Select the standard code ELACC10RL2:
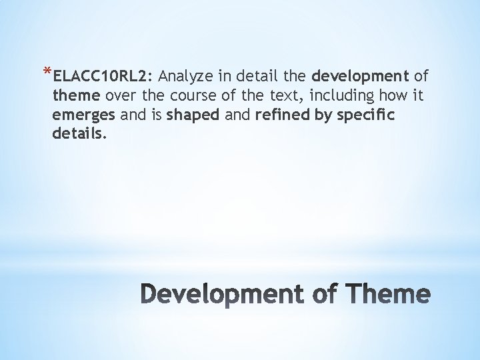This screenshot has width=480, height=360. coord(98,74)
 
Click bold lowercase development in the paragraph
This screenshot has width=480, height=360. coord(359,74)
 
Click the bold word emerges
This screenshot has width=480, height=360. coord(84,115)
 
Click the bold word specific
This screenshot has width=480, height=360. coord(365,115)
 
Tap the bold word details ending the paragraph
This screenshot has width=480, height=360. coord(79,135)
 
